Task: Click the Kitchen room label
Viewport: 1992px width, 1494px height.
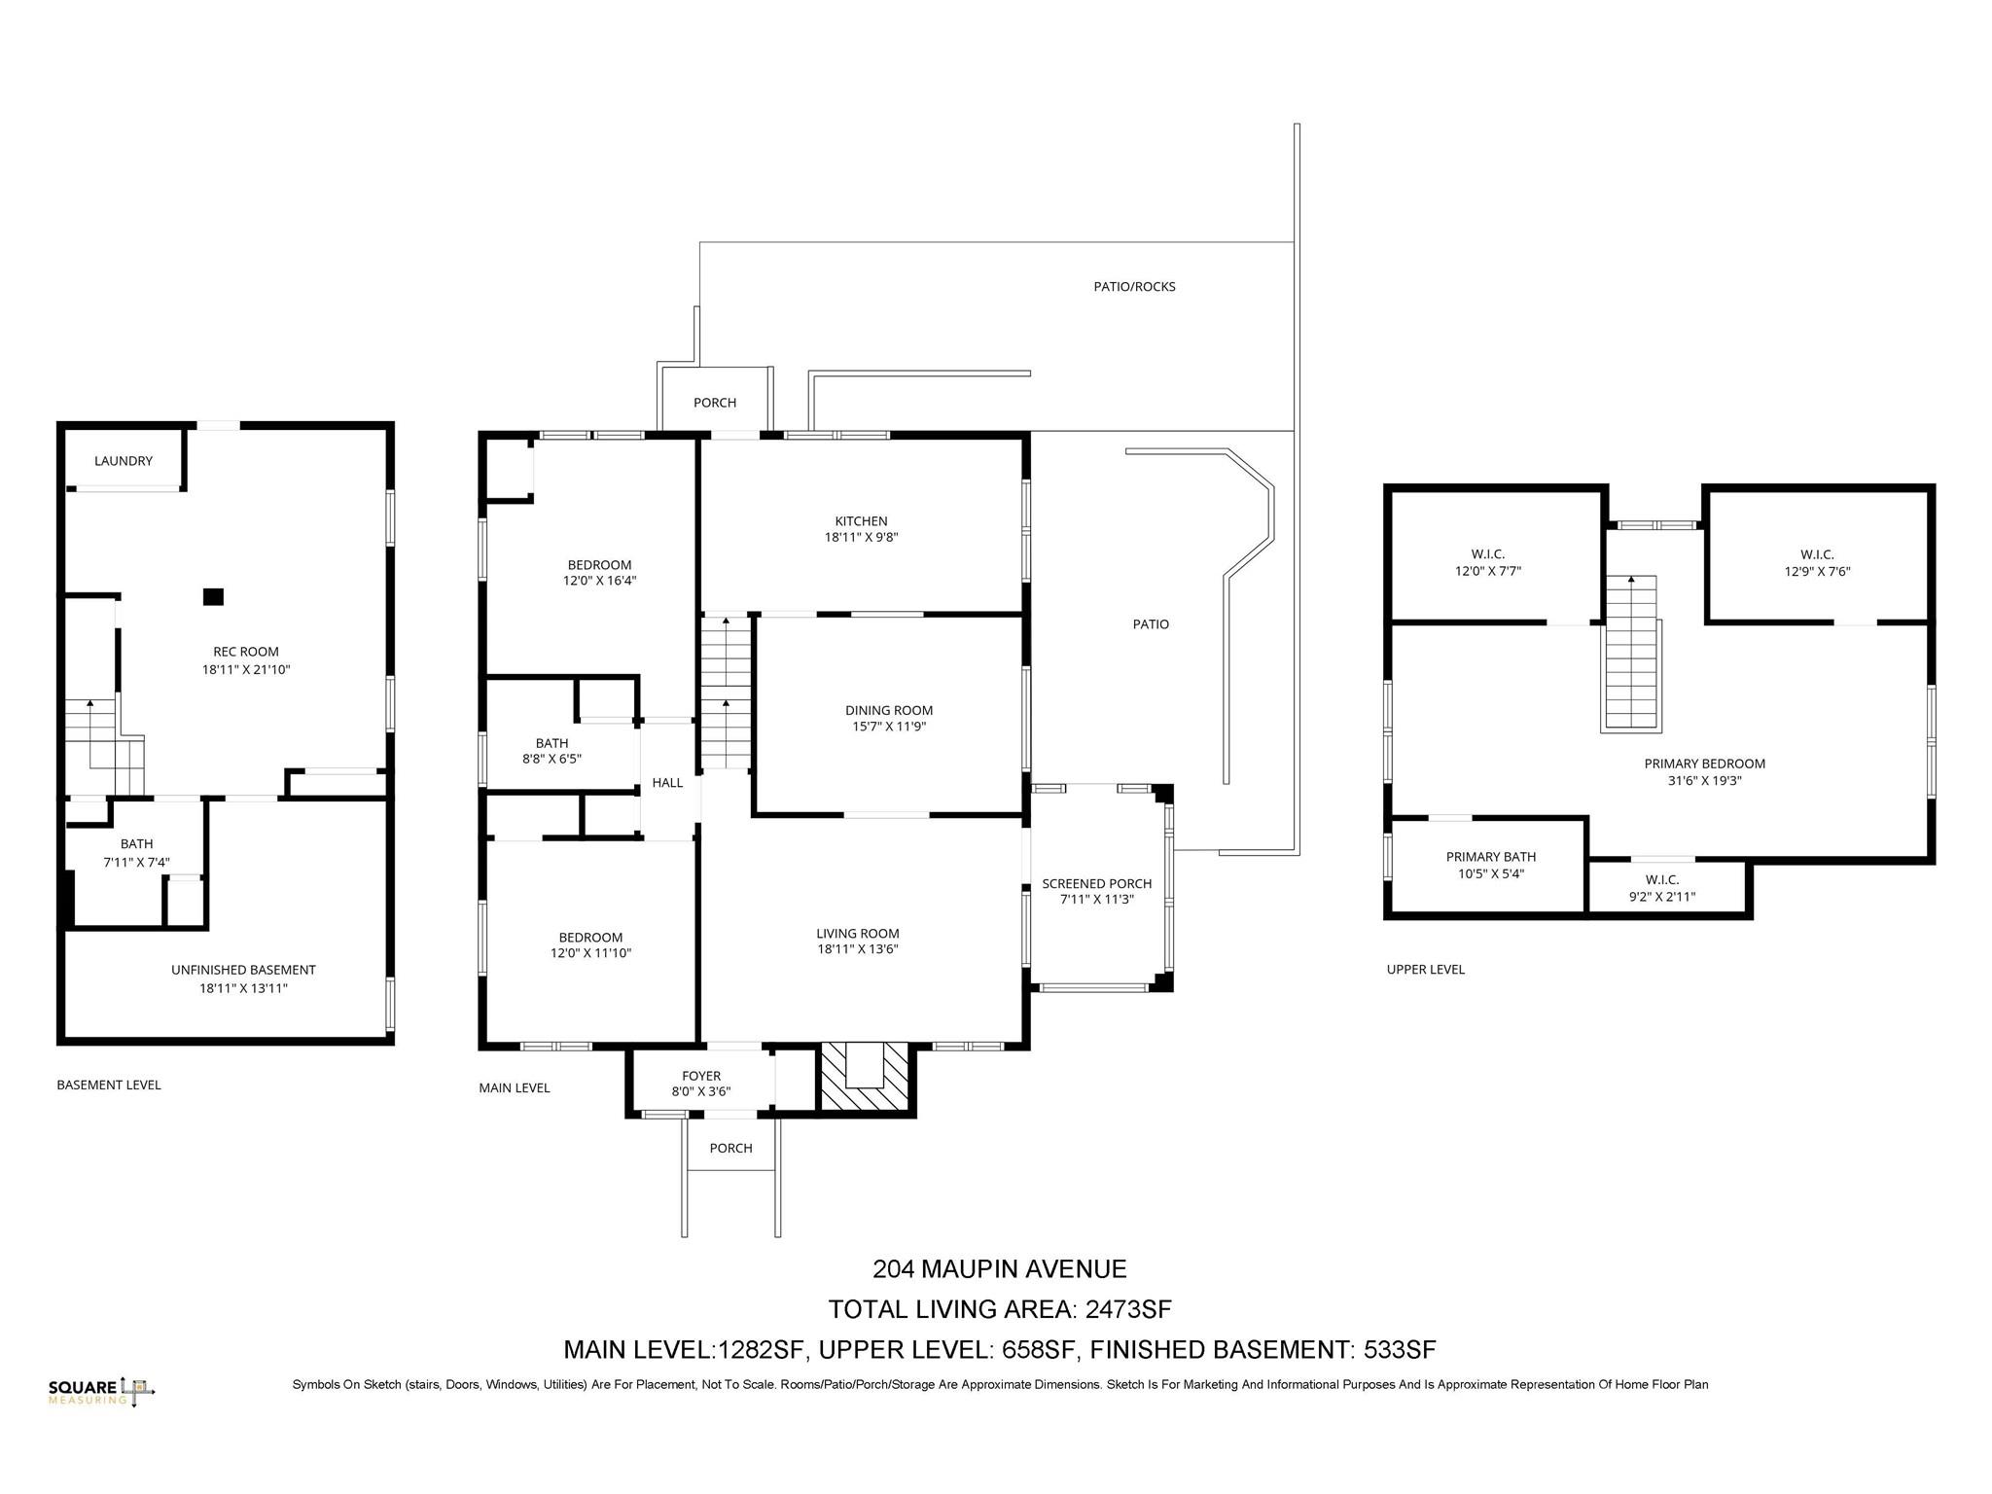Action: pos(861,521)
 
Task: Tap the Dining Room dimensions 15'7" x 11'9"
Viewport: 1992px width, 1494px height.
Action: pos(889,727)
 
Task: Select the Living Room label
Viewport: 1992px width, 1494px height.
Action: pos(858,934)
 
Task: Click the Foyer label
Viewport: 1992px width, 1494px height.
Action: pos(701,1076)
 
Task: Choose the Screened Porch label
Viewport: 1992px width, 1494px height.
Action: pos(1097,884)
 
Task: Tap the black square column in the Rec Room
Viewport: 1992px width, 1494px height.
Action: pos(213,597)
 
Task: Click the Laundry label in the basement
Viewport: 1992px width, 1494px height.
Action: pos(124,461)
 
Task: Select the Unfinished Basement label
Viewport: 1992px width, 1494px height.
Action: pos(243,970)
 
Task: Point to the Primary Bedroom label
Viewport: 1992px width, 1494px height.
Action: pos(1705,765)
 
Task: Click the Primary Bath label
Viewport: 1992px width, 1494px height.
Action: pos(1491,857)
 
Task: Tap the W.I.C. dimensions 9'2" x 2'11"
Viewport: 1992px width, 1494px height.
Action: pos(1662,897)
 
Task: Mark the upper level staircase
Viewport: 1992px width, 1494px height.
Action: pos(1631,652)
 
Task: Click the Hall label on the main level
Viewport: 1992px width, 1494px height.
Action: pos(667,783)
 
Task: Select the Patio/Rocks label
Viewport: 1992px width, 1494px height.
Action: pos(1135,287)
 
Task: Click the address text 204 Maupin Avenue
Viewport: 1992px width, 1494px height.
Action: pos(1000,1269)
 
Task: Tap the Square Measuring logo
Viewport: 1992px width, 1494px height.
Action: pos(101,1392)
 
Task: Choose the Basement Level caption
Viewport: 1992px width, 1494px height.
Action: pos(109,1085)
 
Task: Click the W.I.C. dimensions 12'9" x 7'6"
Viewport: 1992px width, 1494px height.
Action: pos(1817,572)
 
